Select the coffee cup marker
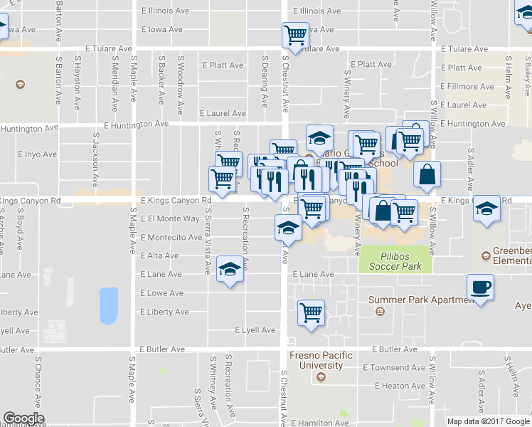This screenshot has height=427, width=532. [x=480, y=288]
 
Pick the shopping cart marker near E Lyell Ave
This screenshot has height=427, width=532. [x=312, y=312]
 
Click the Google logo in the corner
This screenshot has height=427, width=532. [x=23, y=418]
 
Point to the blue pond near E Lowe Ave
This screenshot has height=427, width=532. [x=109, y=305]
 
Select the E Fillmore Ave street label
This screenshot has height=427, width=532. [x=467, y=87]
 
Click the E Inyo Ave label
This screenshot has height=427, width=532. [x=37, y=154]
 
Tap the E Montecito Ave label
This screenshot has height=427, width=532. [x=171, y=237]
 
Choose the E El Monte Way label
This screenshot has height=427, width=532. [x=170, y=219]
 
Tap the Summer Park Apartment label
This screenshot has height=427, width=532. [x=421, y=300]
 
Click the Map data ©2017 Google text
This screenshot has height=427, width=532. [x=489, y=421]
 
